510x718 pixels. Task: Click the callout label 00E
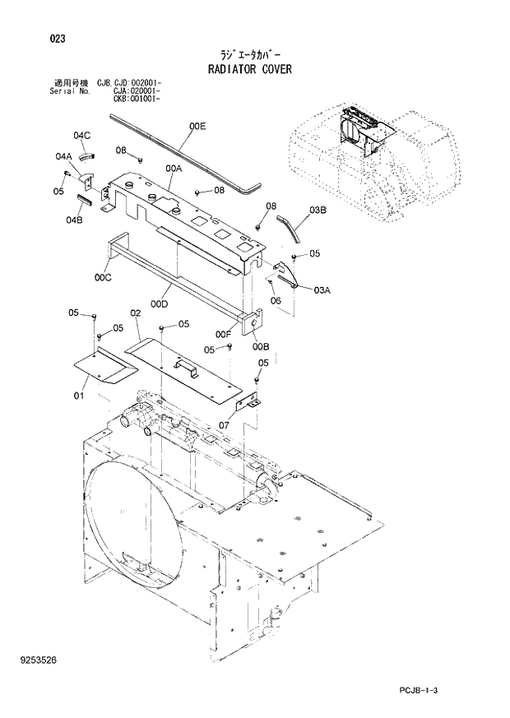click(197, 126)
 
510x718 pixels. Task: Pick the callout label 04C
click(81, 135)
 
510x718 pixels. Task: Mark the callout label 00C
click(102, 278)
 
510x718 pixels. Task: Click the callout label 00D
click(160, 303)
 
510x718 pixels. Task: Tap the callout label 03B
click(318, 211)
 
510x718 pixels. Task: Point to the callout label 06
click(276, 300)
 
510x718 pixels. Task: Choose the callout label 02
click(135, 313)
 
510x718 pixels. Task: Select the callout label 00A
click(173, 168)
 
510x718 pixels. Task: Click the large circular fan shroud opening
click(132, 526)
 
